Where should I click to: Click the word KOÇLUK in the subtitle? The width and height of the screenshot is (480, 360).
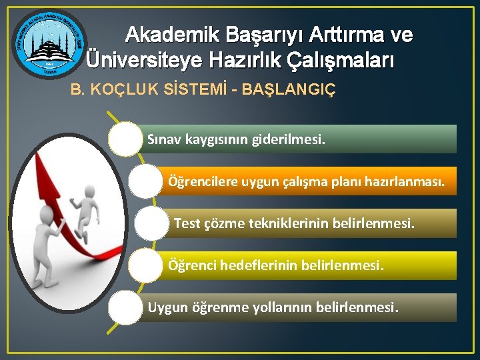[119, 89]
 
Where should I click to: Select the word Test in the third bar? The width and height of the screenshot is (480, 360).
[187, 223]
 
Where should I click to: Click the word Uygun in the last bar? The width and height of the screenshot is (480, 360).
[167, 307]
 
